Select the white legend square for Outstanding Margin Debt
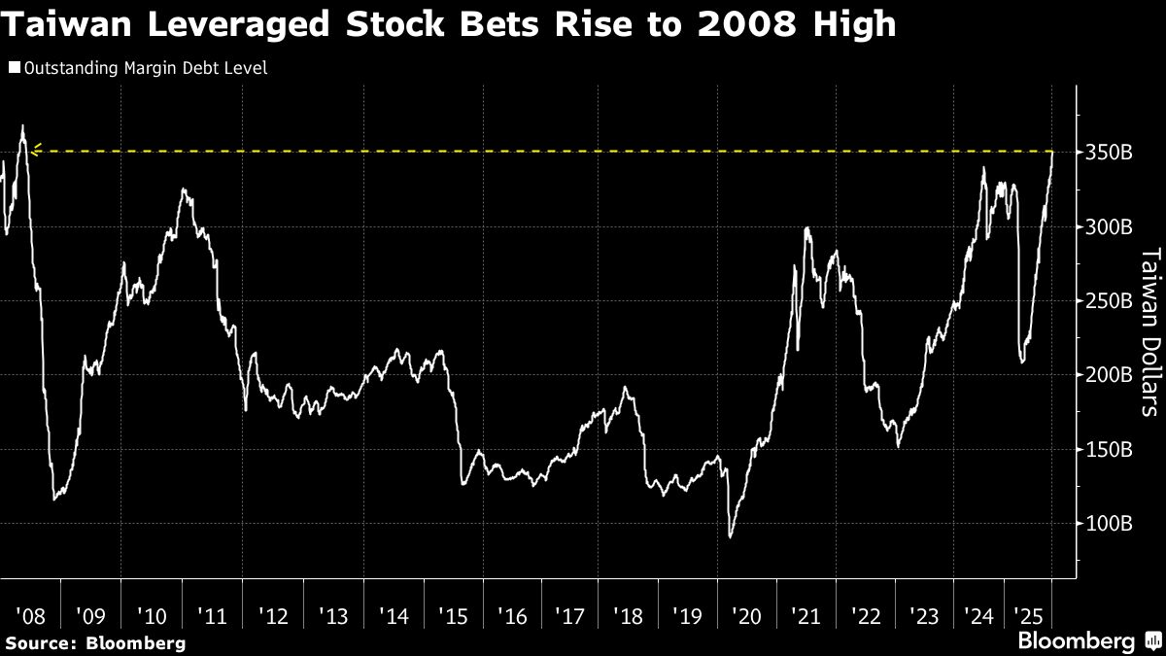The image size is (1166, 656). click(14, 68)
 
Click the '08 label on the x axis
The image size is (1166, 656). click(31, 615)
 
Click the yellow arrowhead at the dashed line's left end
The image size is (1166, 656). click(36, 150)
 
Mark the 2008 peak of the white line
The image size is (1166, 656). click(22, 126)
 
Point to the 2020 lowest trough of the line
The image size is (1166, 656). click(730, 536)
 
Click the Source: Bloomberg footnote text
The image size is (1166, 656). click(94, 642)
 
